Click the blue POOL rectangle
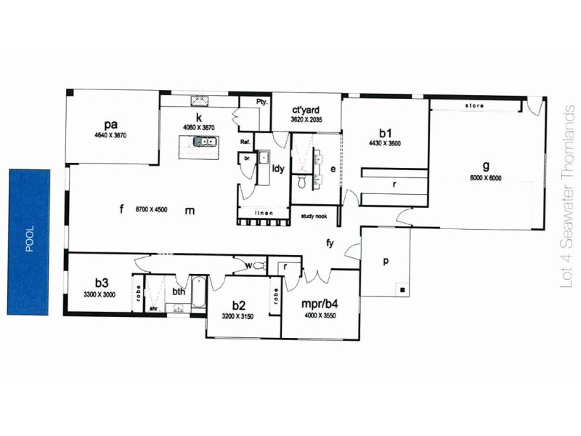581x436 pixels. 29,242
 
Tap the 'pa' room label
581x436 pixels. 110,124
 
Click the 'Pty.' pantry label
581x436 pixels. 262,102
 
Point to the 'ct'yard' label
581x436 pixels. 305,110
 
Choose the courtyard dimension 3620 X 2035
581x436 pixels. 306,119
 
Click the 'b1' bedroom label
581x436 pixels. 385,133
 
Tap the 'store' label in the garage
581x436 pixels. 474,106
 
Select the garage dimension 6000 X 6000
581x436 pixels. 485,178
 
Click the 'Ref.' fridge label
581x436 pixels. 245,142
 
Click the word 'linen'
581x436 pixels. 264,212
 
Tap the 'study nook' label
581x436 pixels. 314,216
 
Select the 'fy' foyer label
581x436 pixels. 330,243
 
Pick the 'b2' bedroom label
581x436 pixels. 237,306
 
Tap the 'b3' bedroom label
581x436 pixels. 100,283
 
